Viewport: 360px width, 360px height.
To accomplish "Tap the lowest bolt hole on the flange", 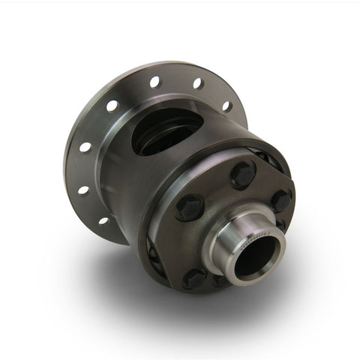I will point(103,220).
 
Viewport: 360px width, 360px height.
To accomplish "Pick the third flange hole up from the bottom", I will point(85,146).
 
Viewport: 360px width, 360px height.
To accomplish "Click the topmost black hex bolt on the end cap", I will point(242,175).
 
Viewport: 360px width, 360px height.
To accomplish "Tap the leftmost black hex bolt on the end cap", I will point(190,205).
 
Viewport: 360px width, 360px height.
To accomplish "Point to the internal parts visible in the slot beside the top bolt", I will point(264,159).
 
